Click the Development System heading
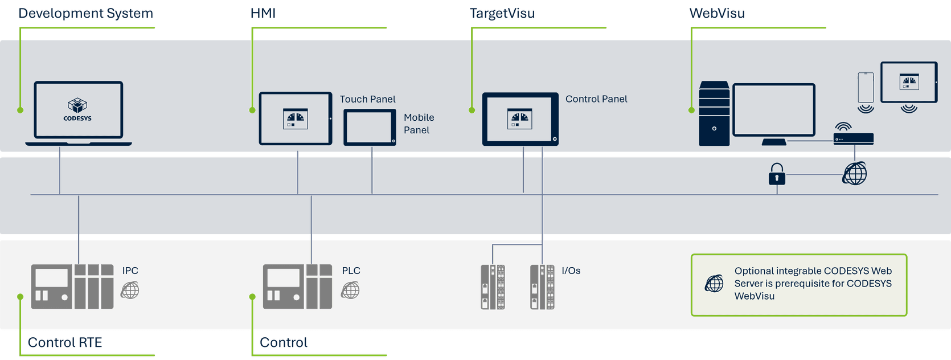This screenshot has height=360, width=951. coord(86,14)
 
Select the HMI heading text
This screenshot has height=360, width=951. coord(263,14)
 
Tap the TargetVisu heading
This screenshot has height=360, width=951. coord(502,14)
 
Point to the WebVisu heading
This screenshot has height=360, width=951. coord(717,14)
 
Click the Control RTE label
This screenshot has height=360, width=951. coord(65,342)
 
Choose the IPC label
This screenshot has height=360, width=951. coord(130,271)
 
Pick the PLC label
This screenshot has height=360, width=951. coord(351,271)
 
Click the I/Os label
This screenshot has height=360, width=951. coord(571,271)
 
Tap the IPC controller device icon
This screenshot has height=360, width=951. coord(72,287)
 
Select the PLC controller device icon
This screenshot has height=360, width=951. coord(297,287)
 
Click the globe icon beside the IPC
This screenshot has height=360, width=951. coord(130,291)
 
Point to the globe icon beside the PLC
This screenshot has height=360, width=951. coord(350,291)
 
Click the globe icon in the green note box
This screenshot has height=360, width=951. coord(714,283)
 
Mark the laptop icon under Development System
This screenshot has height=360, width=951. coord(79,112)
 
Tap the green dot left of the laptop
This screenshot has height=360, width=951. coord(21,110)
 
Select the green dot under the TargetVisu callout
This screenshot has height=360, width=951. coord(472,110)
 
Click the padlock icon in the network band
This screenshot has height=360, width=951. coord(777,173)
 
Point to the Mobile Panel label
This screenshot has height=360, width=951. coord(419,124)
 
